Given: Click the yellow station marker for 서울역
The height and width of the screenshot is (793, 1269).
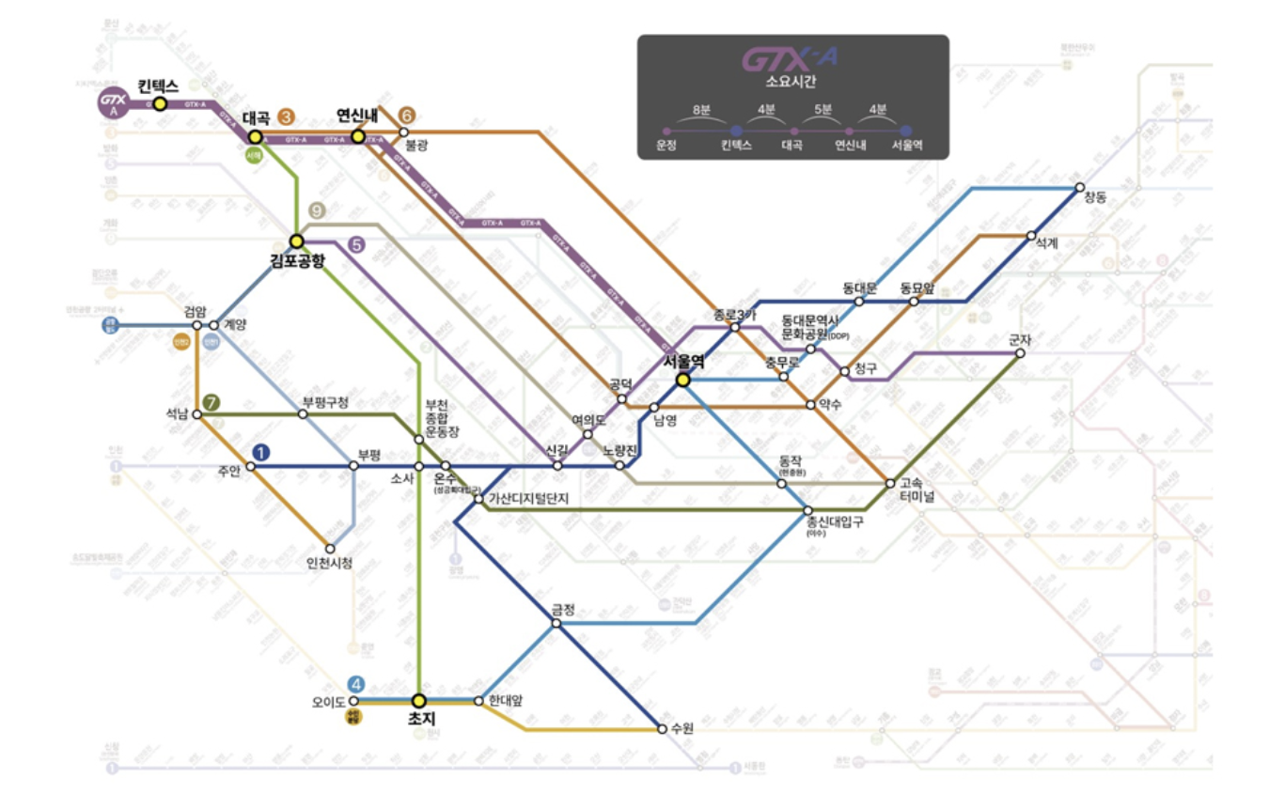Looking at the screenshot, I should coord(682,380).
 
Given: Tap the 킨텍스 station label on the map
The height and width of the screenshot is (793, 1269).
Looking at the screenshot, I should coord(158,86).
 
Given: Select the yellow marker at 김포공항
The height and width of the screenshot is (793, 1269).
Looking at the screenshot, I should coord(297,241).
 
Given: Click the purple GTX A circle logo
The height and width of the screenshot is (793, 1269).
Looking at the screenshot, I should coord(113,104).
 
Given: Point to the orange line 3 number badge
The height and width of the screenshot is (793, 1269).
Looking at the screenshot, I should coord(286,118).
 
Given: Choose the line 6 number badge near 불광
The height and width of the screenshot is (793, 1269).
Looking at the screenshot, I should coord(406,115).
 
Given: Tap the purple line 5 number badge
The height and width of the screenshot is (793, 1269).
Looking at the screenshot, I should coord(356,245).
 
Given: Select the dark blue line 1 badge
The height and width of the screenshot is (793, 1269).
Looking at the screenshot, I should coord(261,453).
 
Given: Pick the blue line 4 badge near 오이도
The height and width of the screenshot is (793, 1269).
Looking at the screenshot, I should coord(354,684).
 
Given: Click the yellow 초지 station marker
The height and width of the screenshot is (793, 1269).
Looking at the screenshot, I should coord(419,700).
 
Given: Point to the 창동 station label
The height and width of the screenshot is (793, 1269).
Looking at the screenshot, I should coord(1095,197).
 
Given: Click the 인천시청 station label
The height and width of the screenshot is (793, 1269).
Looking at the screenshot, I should coord(330,564).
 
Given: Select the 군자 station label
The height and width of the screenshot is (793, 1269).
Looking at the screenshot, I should coord(1019,341).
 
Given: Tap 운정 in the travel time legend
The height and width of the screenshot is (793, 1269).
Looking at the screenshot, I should coord(666,146).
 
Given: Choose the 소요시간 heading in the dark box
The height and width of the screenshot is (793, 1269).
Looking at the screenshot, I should coord(791,82).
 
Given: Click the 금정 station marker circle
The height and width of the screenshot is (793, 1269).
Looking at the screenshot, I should coord(557,623).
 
